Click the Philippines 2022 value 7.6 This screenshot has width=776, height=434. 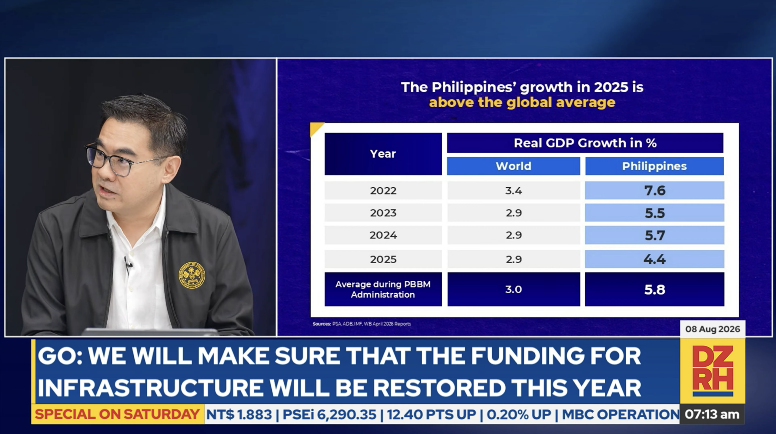click(x=655, y=191)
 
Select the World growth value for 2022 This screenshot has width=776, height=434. click(x=513, y=191)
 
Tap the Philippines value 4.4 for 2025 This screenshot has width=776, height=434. click(x=655, y=259)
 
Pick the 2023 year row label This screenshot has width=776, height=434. click(x=383, y=213)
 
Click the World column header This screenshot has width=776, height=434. click(x=513, y=166)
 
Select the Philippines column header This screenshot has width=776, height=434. click(x=654, y=166)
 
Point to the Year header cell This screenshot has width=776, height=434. click(x=383, y=154)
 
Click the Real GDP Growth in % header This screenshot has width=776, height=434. click(x=585, y=143)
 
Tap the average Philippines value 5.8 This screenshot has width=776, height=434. click(x=655, y=290)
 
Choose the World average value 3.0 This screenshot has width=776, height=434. click(x=513, y=289)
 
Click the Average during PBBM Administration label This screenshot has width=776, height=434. click(x=383, y=289)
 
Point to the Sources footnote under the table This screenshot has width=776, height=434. click(x=362, y=324)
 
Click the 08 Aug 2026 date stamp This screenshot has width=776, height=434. click(x=713, y=329)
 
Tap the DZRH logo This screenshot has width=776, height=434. click(x=713, y=371)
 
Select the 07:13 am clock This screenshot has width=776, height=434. click(x=712, y=414)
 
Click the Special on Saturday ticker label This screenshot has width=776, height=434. click(x=117, y=414)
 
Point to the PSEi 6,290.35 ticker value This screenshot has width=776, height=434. click(x=329, y=415)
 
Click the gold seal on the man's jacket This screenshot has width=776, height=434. click(x=192, y=275)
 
